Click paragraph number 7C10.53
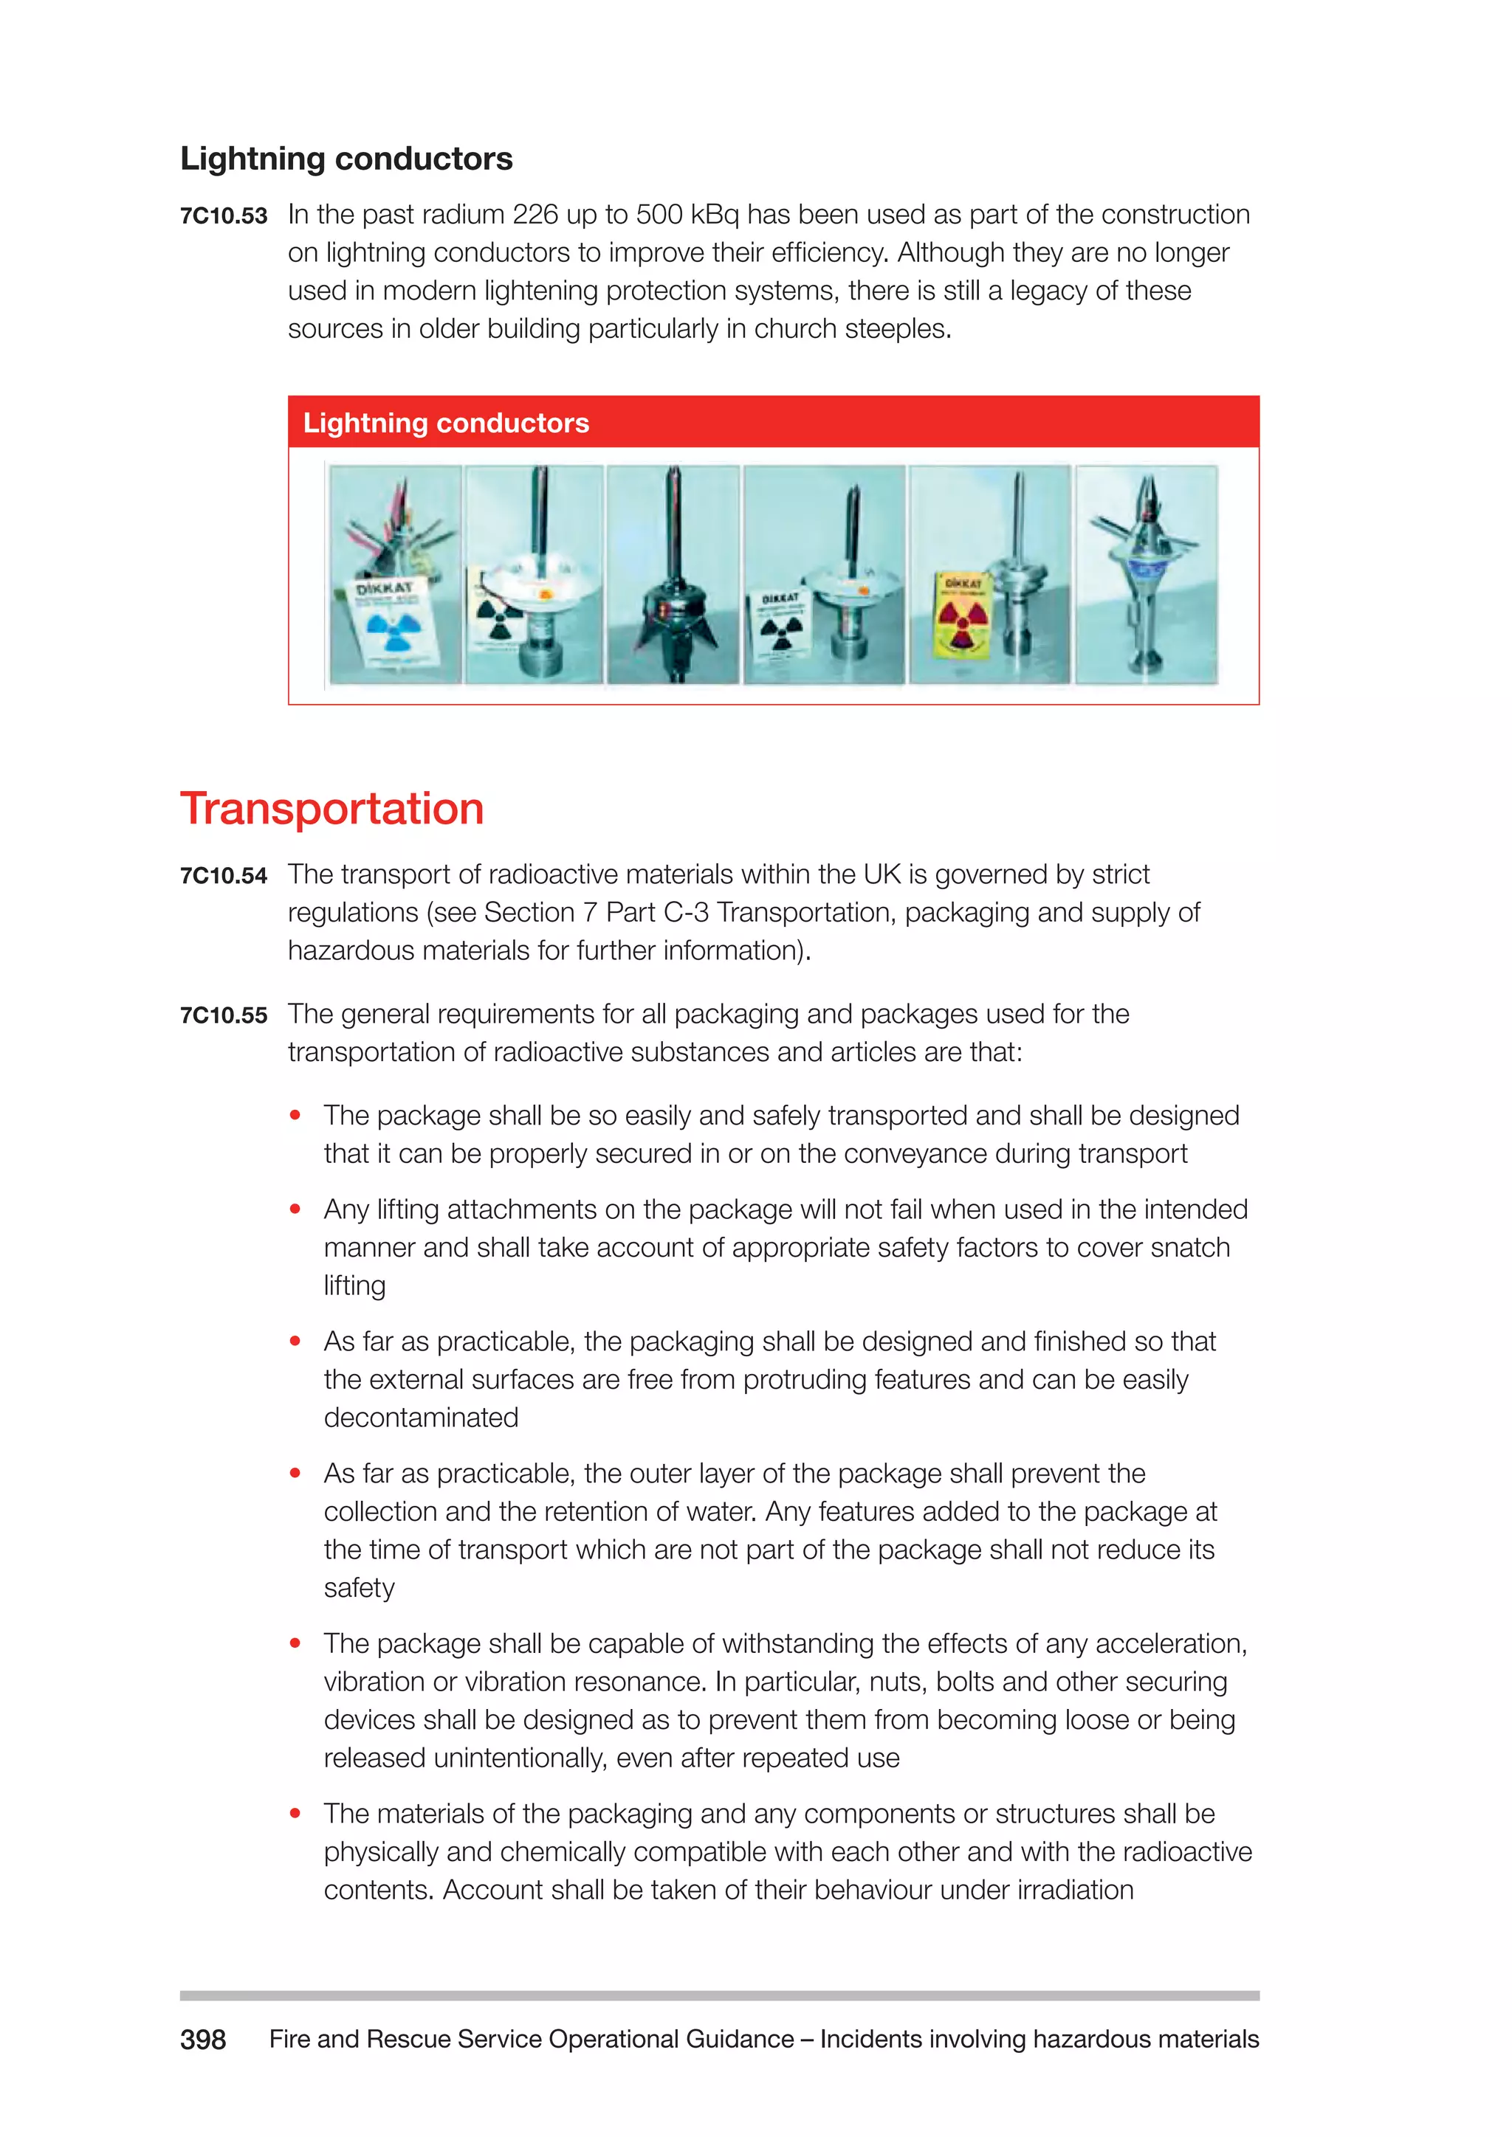click(x=224, y=216)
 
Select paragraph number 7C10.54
click(x=224, y=876)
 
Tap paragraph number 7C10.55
click(x=224, y=1015)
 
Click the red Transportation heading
click(x=331, y=808)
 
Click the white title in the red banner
click(x=446, y=424)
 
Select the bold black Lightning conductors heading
click(x=346, y=159)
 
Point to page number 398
click(x=203, y=2040)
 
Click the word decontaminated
click(x=421, y=1418)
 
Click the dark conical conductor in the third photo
click(x=673, y=595)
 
